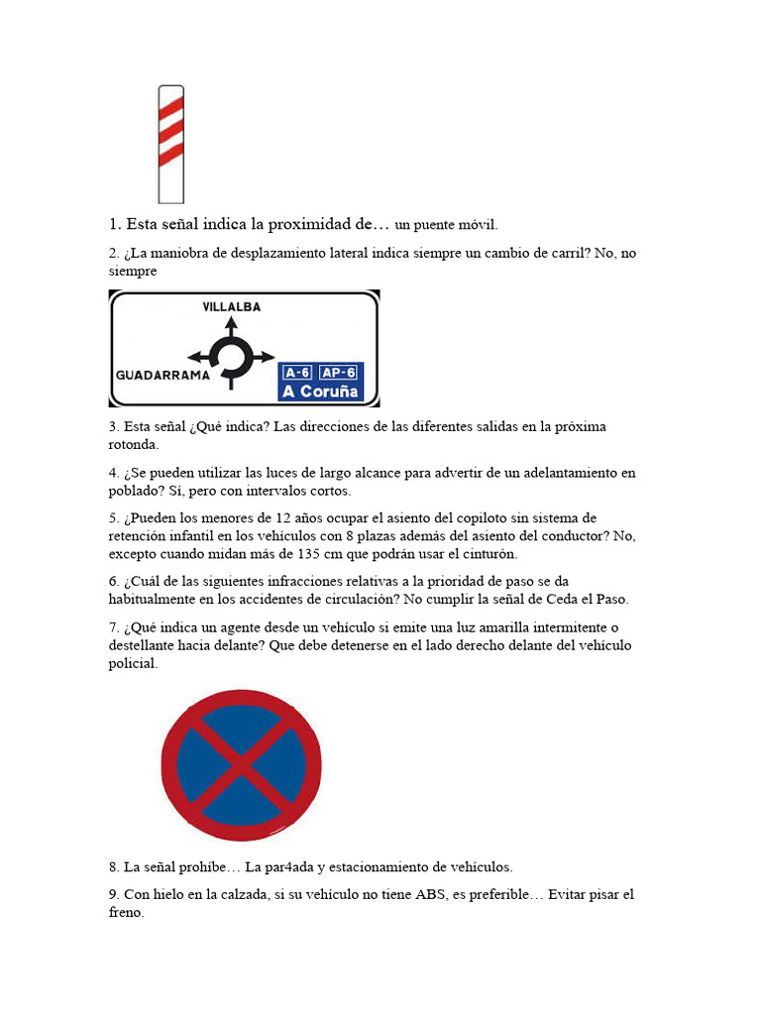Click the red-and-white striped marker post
tap(170, 144)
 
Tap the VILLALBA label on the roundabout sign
tap(231, 307)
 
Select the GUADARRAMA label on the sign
tap(163, 376)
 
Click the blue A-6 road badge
tap(297, 372)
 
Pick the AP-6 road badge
tap(339, 372)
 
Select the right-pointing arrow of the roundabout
tap(265, 357)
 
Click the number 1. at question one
tap(115, 225)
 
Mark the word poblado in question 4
tap(133, 491)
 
